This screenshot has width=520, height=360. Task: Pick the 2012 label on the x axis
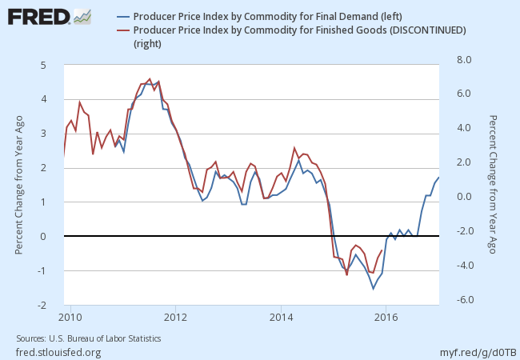[x=175, y=316]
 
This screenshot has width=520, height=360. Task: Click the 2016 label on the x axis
[x=386, y=316]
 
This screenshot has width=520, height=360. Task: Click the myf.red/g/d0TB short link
[x=478, y=352]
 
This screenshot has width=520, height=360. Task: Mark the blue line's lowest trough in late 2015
[x=373, y=289]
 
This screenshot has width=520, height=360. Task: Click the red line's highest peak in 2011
[x=150, y=78]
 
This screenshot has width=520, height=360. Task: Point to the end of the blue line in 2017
[x=439, y=177]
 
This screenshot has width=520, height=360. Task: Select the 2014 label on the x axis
[x=280, y=316]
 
